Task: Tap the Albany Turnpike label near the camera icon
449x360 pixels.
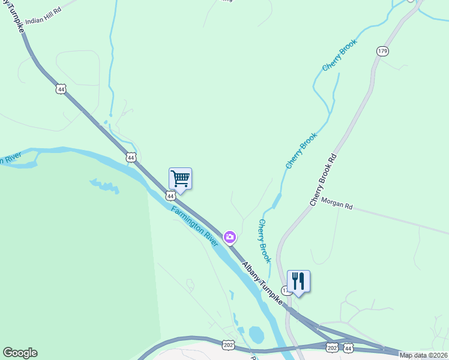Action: point(263,282)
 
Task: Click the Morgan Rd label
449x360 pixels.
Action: point(336,204)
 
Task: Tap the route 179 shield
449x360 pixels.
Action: point(382,51)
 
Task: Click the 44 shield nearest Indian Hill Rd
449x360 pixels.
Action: point(60,89)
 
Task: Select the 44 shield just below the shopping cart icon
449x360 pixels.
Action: point(170,196)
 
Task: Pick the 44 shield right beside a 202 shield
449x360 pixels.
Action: point(348,347)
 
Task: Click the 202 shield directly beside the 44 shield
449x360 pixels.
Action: point(332,347)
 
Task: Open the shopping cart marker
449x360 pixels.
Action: point(180,179)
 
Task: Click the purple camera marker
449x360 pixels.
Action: point(229,238)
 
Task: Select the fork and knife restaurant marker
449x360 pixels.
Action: point(298,281)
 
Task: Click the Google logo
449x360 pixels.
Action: point(20,353)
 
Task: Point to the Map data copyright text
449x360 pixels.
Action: point(424,355)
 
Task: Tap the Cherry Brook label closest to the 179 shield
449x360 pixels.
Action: point(340,55)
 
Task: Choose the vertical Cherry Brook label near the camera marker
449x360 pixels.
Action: point(265,241)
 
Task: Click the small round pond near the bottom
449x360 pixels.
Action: point(255,334)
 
